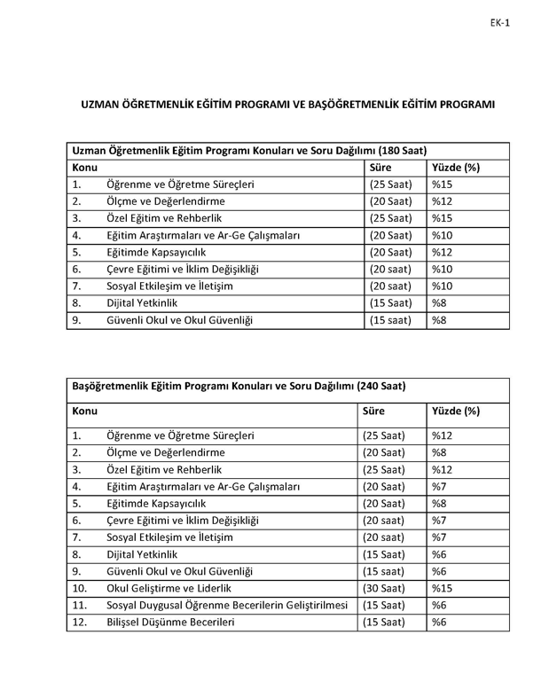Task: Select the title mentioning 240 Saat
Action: click(238, 387)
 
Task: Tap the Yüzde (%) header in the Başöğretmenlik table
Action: click(455, 411)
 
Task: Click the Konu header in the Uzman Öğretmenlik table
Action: click(85, 168)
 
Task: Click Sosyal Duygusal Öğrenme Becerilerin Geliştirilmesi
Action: click(226, 605)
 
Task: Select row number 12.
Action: click(80, 622)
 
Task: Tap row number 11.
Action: click(80, 605)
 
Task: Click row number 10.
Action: click(80, 588)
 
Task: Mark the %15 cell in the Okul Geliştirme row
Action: click(442, 588)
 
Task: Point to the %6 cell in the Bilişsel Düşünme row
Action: click(439, 622)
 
